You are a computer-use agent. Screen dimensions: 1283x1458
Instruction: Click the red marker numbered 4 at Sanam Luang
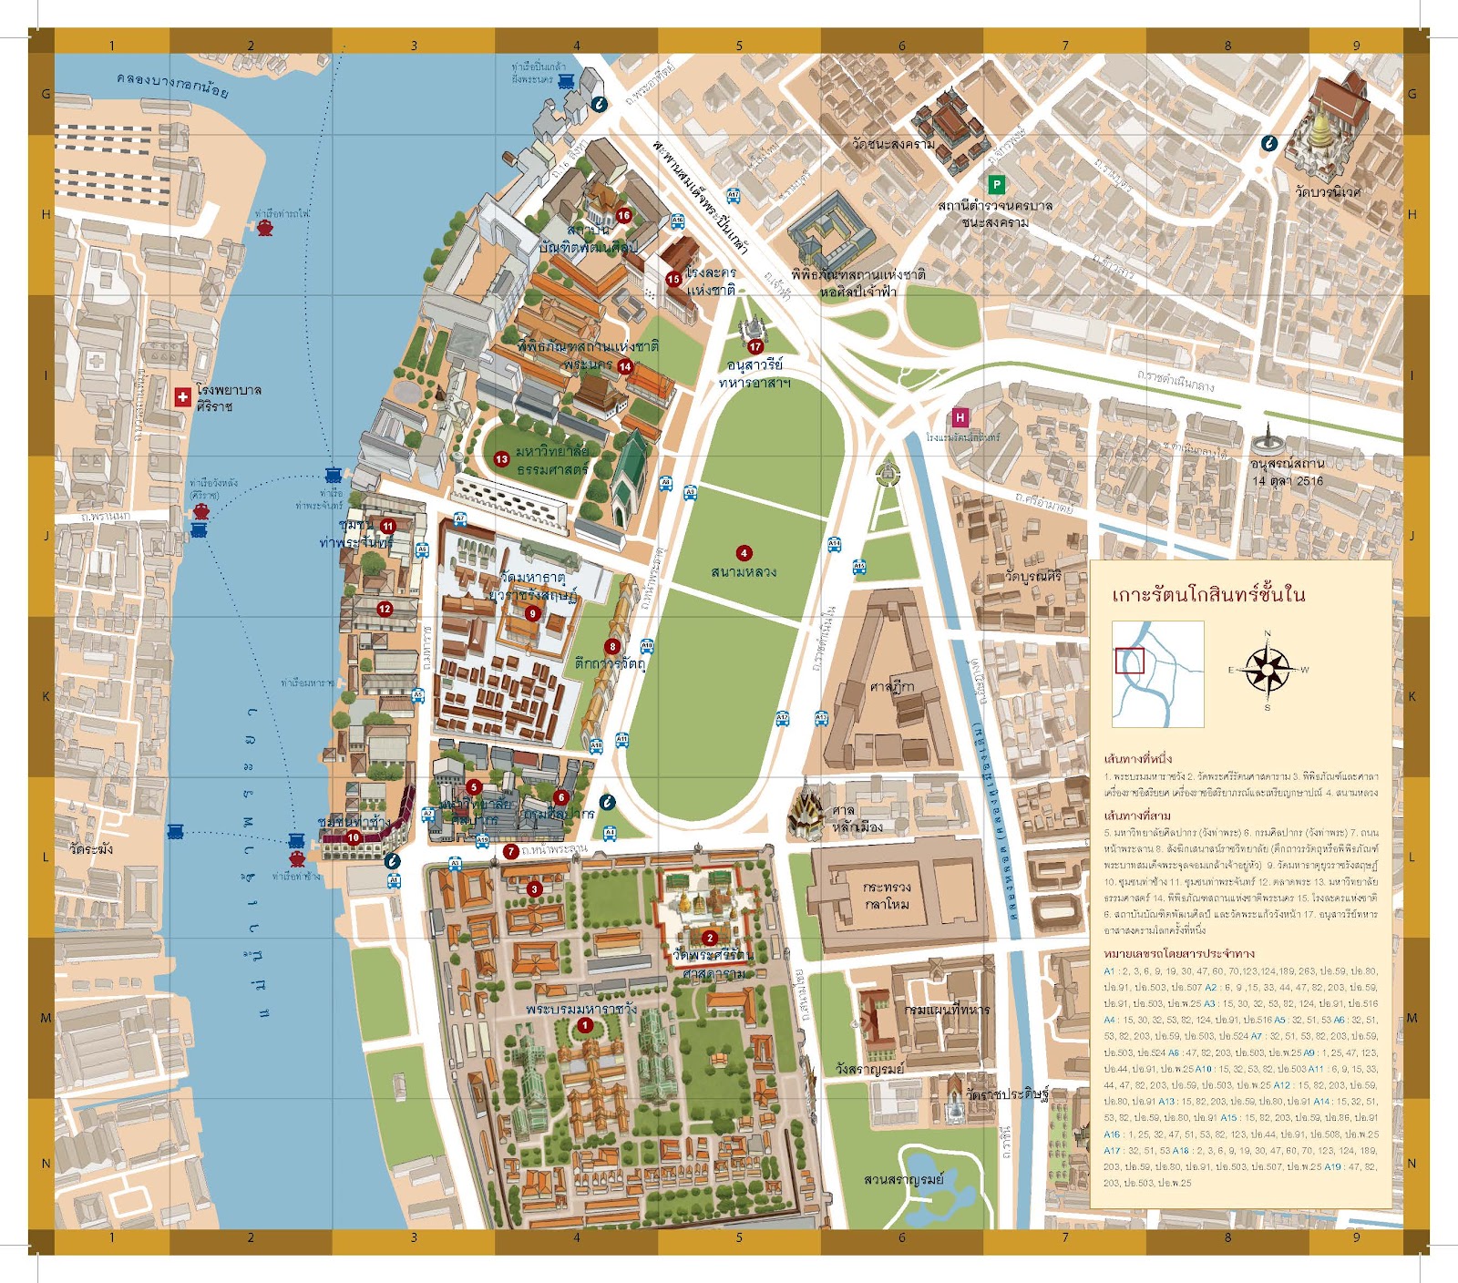coord(744,553)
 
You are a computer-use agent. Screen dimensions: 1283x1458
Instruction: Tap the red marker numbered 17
coord(755,346)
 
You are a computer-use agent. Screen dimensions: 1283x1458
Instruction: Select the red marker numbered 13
coord(501,459)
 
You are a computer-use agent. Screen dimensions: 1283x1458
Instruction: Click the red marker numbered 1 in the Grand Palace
coord(585,1025)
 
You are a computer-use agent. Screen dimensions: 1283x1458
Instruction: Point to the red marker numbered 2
coord(710,938)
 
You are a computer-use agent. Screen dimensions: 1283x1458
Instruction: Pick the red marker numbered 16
coord(623,216)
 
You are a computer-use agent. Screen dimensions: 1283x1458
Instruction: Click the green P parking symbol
coord(996,185)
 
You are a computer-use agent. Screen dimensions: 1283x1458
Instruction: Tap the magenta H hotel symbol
coord(960,417)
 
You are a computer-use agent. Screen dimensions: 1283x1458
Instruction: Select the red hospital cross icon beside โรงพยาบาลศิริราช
coord(182,396)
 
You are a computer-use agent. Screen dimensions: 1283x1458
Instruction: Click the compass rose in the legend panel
coord(1267,669)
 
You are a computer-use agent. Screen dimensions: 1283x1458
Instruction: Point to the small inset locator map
coord(1157,673)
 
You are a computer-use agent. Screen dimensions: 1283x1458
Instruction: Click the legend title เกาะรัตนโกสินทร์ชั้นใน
coord(1207,595)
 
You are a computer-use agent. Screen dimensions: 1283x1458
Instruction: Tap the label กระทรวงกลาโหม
coord(887,895)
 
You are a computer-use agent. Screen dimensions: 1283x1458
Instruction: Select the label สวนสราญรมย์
coord(903,1179)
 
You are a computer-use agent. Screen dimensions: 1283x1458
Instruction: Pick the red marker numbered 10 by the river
coord(354,837)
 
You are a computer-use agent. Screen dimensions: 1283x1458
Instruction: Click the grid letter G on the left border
coord(45,94)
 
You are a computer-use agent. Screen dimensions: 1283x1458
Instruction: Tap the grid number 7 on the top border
coord(1064,45)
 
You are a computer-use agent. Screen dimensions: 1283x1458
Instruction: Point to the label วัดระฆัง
coord(92,848)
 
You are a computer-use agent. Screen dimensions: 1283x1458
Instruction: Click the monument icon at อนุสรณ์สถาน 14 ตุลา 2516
coord(1264,440)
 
